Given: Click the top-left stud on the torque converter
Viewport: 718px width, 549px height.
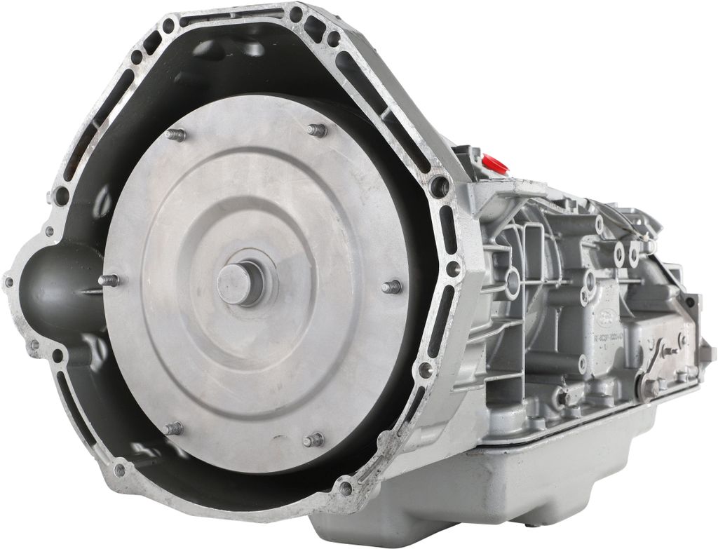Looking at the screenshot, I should (176, 135).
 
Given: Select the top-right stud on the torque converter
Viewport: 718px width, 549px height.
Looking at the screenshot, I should (317, 130).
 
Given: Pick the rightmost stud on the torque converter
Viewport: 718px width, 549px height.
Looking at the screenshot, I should (392, 286).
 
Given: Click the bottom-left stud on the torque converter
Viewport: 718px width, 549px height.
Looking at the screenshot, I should (172, 428).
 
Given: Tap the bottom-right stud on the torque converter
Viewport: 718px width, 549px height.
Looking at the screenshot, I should (313, 440).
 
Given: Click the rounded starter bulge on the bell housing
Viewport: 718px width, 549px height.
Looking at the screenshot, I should (53, 287).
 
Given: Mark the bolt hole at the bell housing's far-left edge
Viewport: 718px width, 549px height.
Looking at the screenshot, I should (8, 282).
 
